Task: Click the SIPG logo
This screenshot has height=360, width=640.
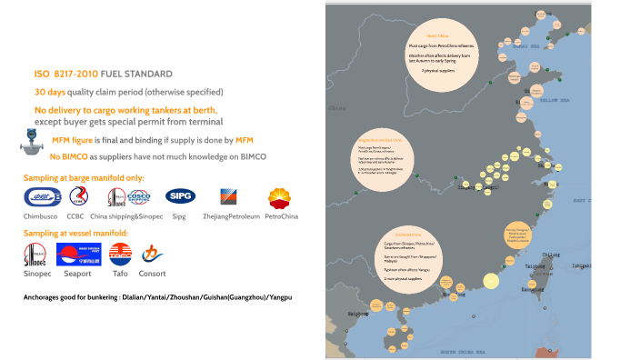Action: point(177,196)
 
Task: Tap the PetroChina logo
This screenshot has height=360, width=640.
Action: point(280,197)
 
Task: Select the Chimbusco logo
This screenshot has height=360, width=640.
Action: point(40,197)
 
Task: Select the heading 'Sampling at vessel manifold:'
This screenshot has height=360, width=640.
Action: point(76,234)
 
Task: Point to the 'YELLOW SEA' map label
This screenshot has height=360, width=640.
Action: point(555,100)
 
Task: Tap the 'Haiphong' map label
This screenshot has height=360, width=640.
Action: point(350,313)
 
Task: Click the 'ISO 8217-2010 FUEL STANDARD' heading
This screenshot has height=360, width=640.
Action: point(103,73)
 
